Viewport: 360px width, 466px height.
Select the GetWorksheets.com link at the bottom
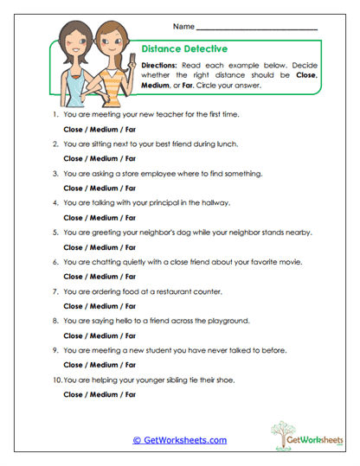(179, 440)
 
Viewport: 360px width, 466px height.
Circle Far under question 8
(129, 335)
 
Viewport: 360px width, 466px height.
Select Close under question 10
(74, 394)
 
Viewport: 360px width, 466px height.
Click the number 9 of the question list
(55, 350)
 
